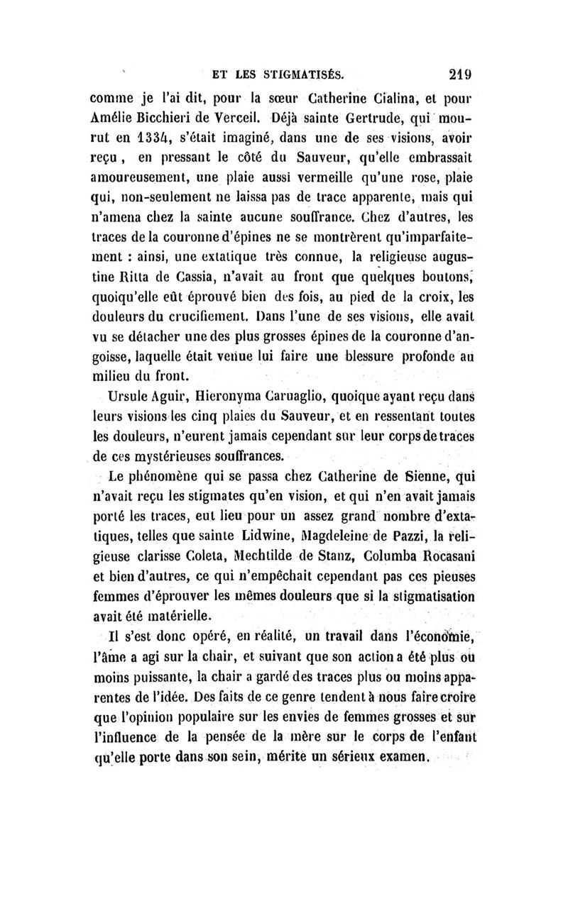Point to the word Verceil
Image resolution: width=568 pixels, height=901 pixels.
tap(236, 118)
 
